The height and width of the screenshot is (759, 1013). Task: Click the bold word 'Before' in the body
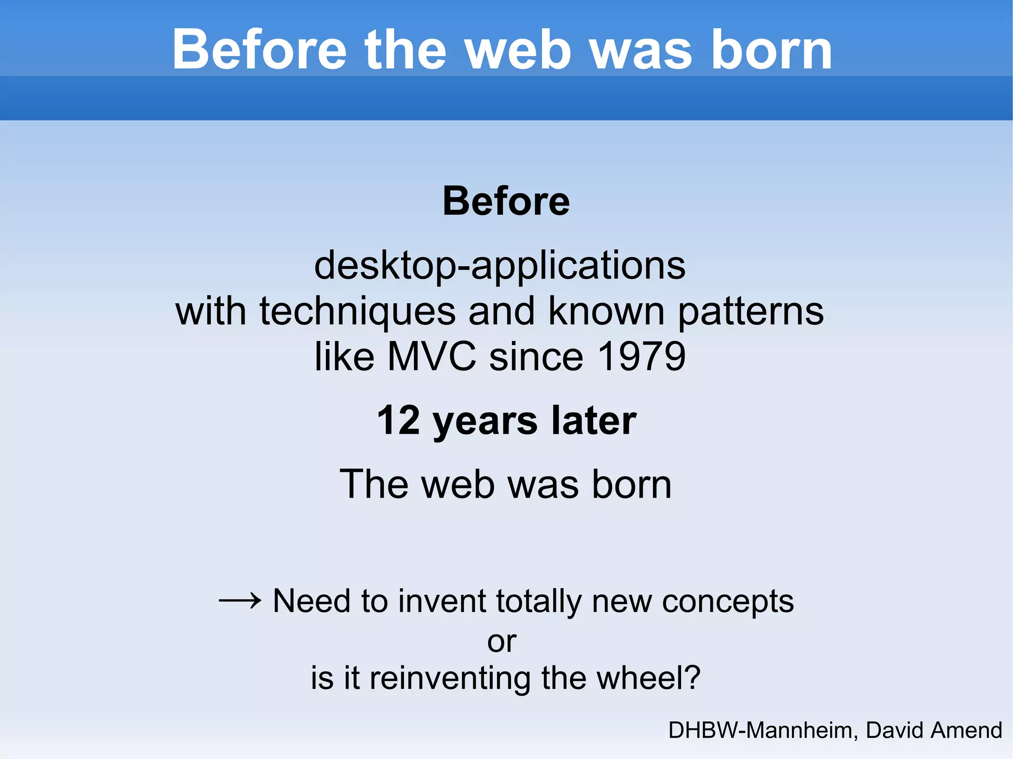[506, 201]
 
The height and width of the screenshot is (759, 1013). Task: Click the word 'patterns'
[750, 313]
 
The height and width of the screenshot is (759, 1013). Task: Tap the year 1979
[642, 357]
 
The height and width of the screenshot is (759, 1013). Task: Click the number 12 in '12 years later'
[398, 420]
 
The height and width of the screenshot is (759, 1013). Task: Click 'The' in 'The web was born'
[374, 484]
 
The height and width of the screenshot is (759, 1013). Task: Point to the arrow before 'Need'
[240, 601]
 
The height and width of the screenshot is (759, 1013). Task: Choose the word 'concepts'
[728, 602]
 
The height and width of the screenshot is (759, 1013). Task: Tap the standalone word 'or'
[502, 642]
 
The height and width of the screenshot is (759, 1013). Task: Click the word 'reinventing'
[450, 678]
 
